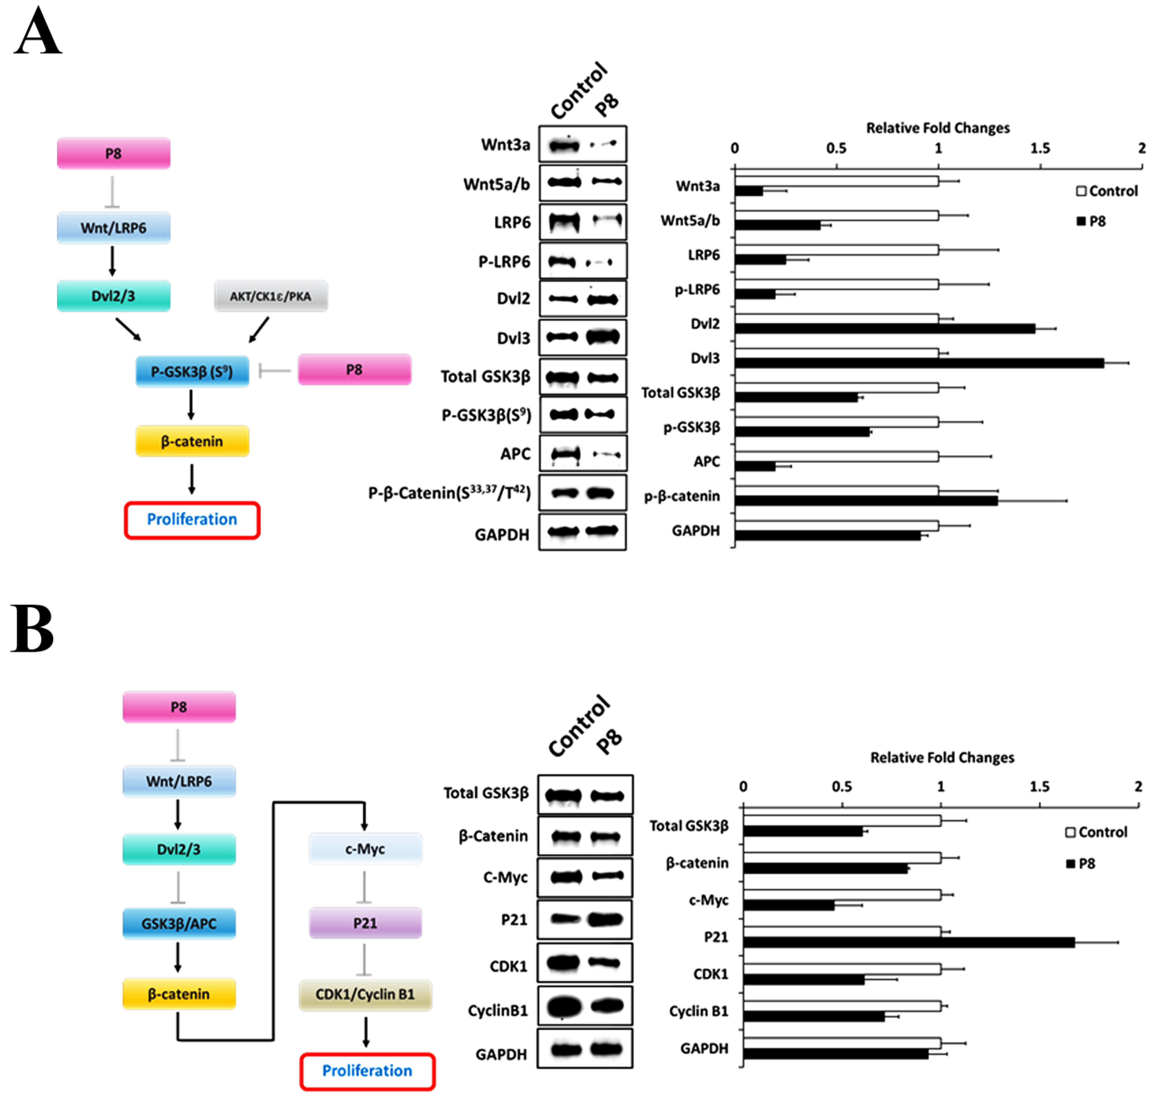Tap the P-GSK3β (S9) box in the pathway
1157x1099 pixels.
tap(192, 371)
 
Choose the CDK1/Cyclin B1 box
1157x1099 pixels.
tap(365, 994)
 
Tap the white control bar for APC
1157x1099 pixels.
tap(836, 456)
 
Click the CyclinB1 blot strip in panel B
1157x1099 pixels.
tap(585, 1007)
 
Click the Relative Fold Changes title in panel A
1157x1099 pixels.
tap(938, 128)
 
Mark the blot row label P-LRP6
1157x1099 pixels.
tap(504, 261)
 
